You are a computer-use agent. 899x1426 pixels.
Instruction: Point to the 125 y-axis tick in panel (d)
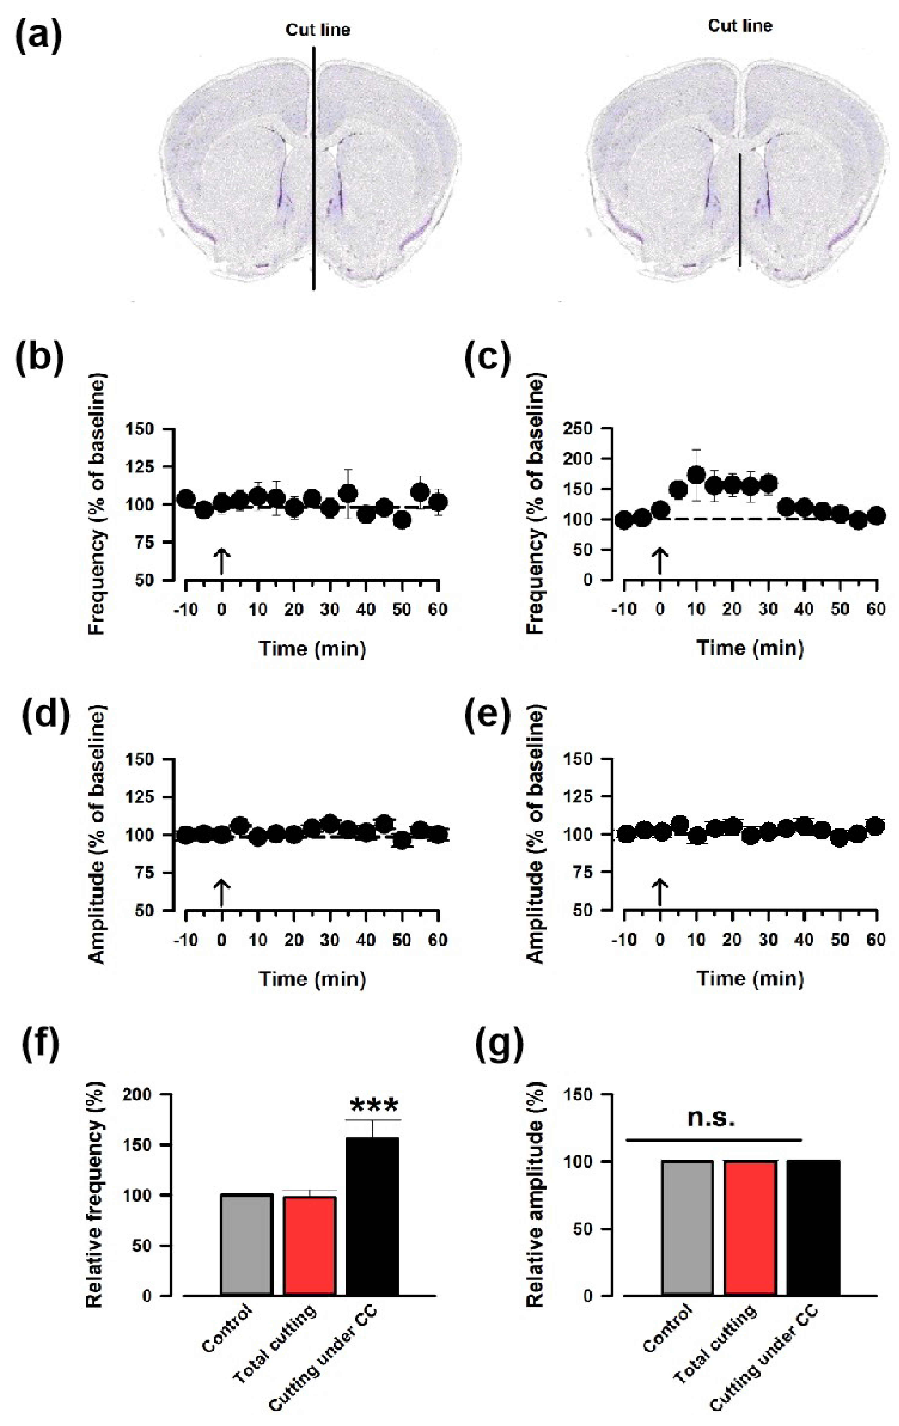tap(151, 796)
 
